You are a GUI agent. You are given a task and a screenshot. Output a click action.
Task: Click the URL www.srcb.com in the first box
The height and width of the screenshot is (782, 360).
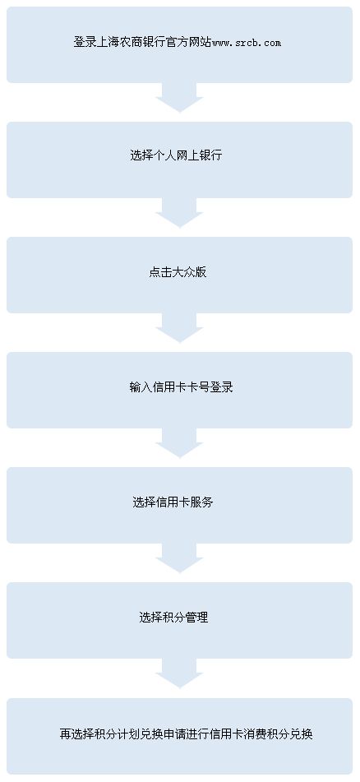click(247, 43)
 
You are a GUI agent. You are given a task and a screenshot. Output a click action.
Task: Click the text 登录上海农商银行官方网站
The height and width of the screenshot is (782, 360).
click(143, 43)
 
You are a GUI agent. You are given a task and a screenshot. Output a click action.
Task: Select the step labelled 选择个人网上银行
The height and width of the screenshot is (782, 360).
click(176, 155)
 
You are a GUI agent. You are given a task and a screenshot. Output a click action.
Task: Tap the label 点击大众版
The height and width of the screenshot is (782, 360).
click(178, 272)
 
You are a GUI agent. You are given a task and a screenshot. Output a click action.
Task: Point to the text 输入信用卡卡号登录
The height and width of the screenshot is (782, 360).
click(182, 387)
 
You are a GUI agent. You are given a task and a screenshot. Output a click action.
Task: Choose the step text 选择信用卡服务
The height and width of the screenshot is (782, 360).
click(173, 502)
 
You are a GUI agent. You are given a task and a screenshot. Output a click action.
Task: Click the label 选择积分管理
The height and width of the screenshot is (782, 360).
click(173, 618)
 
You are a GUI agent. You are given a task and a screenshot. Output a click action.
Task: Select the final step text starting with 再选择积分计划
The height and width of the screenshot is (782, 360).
click(187, 734)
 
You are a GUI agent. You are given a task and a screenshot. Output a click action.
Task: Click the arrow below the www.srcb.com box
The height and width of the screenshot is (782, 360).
click(179, 98)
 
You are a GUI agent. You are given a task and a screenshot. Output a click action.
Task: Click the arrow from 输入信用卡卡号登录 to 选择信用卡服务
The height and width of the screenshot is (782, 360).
click(179, 444)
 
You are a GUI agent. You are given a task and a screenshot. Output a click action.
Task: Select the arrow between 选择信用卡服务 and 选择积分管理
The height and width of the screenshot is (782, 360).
click(179, 559)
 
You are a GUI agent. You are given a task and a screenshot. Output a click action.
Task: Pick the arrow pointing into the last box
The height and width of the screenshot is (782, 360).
click(179, 674)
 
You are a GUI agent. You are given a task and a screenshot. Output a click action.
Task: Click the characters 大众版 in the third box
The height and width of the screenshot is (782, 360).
click(189, 272)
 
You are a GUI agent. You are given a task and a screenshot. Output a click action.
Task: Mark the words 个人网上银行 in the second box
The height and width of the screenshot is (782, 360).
click(187, 155)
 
